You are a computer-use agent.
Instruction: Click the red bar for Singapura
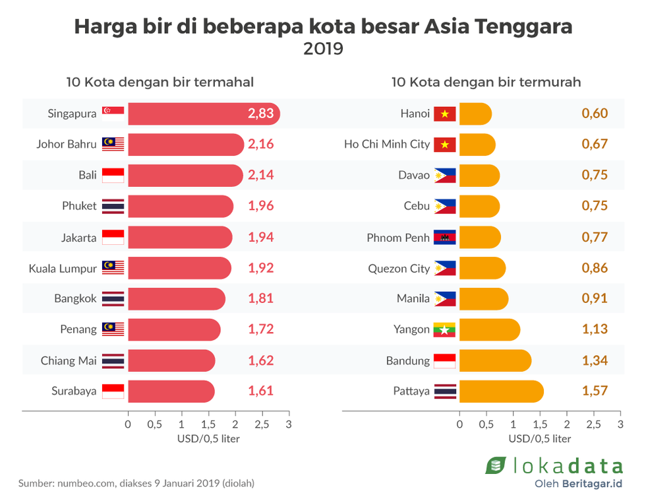coord(198,114)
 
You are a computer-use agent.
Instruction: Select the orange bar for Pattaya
coord(501,391)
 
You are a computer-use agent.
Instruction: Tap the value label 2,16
coord(260,144)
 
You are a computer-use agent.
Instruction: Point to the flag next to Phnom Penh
coord(445,238)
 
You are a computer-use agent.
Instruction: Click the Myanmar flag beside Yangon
coord(445,329)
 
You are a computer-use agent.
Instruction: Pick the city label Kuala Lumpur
coord(63,268)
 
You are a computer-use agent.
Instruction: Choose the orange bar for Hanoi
coord(475,114)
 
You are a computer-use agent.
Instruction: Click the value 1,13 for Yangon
coord(595,329)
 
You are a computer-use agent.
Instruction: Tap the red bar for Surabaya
coord(171,391)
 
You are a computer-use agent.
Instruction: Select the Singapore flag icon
coord(113,114)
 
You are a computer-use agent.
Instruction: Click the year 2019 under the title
coord(323,49)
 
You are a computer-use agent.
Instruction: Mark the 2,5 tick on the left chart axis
coord(262,423)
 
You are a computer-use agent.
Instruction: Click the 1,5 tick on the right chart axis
coord(540,423)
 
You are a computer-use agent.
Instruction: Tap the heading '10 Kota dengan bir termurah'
coord(486,82)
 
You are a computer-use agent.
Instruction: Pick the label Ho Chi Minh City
coord(387,144)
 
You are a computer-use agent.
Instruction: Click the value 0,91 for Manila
coord(595,298)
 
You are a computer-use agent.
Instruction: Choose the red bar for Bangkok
coord(176,298)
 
